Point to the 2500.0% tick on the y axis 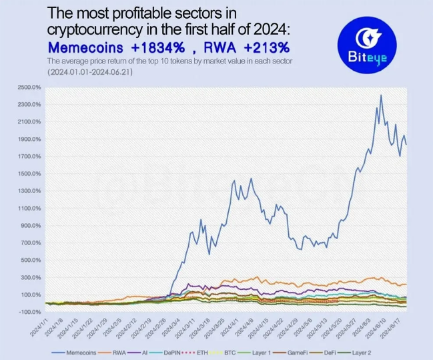(x=28, y=87)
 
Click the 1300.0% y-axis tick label (x=28, y=191)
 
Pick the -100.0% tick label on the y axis (x=29, y=312)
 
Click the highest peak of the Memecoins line (x=381, y=95)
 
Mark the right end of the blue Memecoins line (x=406, y=144)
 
